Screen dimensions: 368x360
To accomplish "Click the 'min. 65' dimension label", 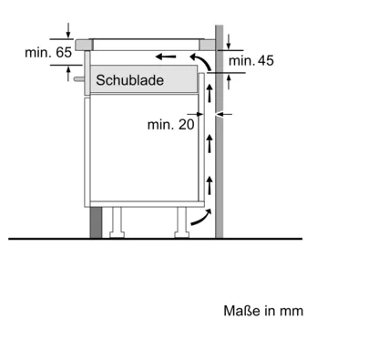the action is click(48, 53).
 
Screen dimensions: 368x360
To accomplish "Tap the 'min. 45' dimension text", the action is click(251, 60).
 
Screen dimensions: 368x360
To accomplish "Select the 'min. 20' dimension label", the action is click(170, 125).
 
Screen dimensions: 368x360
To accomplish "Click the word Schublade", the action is click(130, 80).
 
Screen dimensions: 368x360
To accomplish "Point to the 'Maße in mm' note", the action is click(263, 311).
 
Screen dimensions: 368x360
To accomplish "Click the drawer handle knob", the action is click(79, 78).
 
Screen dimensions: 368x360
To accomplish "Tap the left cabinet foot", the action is click(117, 222).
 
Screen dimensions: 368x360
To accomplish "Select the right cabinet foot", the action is click(182, 222).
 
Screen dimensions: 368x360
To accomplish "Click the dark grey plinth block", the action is click(96, 222).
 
